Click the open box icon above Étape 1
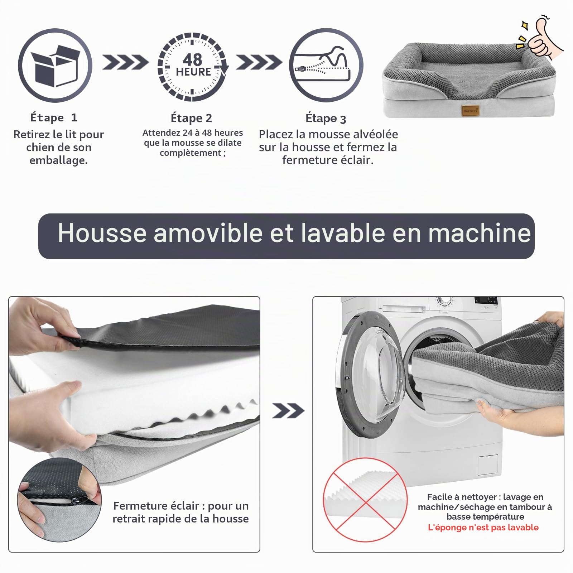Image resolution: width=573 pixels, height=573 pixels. pos(55,66)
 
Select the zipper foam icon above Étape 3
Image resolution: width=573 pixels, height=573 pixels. pos(326,66)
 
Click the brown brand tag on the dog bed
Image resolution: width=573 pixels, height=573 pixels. pos(470,111)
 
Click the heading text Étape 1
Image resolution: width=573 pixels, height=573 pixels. pos(54,117)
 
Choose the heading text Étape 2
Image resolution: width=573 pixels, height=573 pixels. pos(191,118)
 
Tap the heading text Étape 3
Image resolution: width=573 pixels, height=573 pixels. pos(326,118)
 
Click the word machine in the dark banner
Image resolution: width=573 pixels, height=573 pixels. pos(480,233)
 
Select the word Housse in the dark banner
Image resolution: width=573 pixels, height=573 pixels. pos(102,233)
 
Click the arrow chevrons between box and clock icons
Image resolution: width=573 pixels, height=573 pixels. pos(125,62)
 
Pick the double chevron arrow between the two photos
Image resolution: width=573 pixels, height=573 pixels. pos(288,410)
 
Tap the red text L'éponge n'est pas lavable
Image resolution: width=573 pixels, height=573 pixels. pos(483,528)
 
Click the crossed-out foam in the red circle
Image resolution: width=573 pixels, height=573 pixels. pos(365,500)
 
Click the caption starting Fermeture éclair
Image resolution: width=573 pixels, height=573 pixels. pos(180,512)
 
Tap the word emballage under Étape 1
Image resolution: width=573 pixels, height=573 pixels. pos(58,160)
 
